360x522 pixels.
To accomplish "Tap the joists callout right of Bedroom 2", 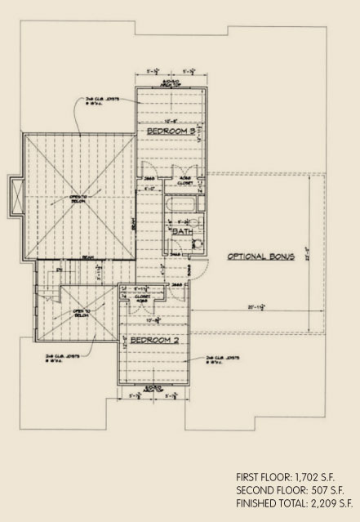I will (x=220, y=358).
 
